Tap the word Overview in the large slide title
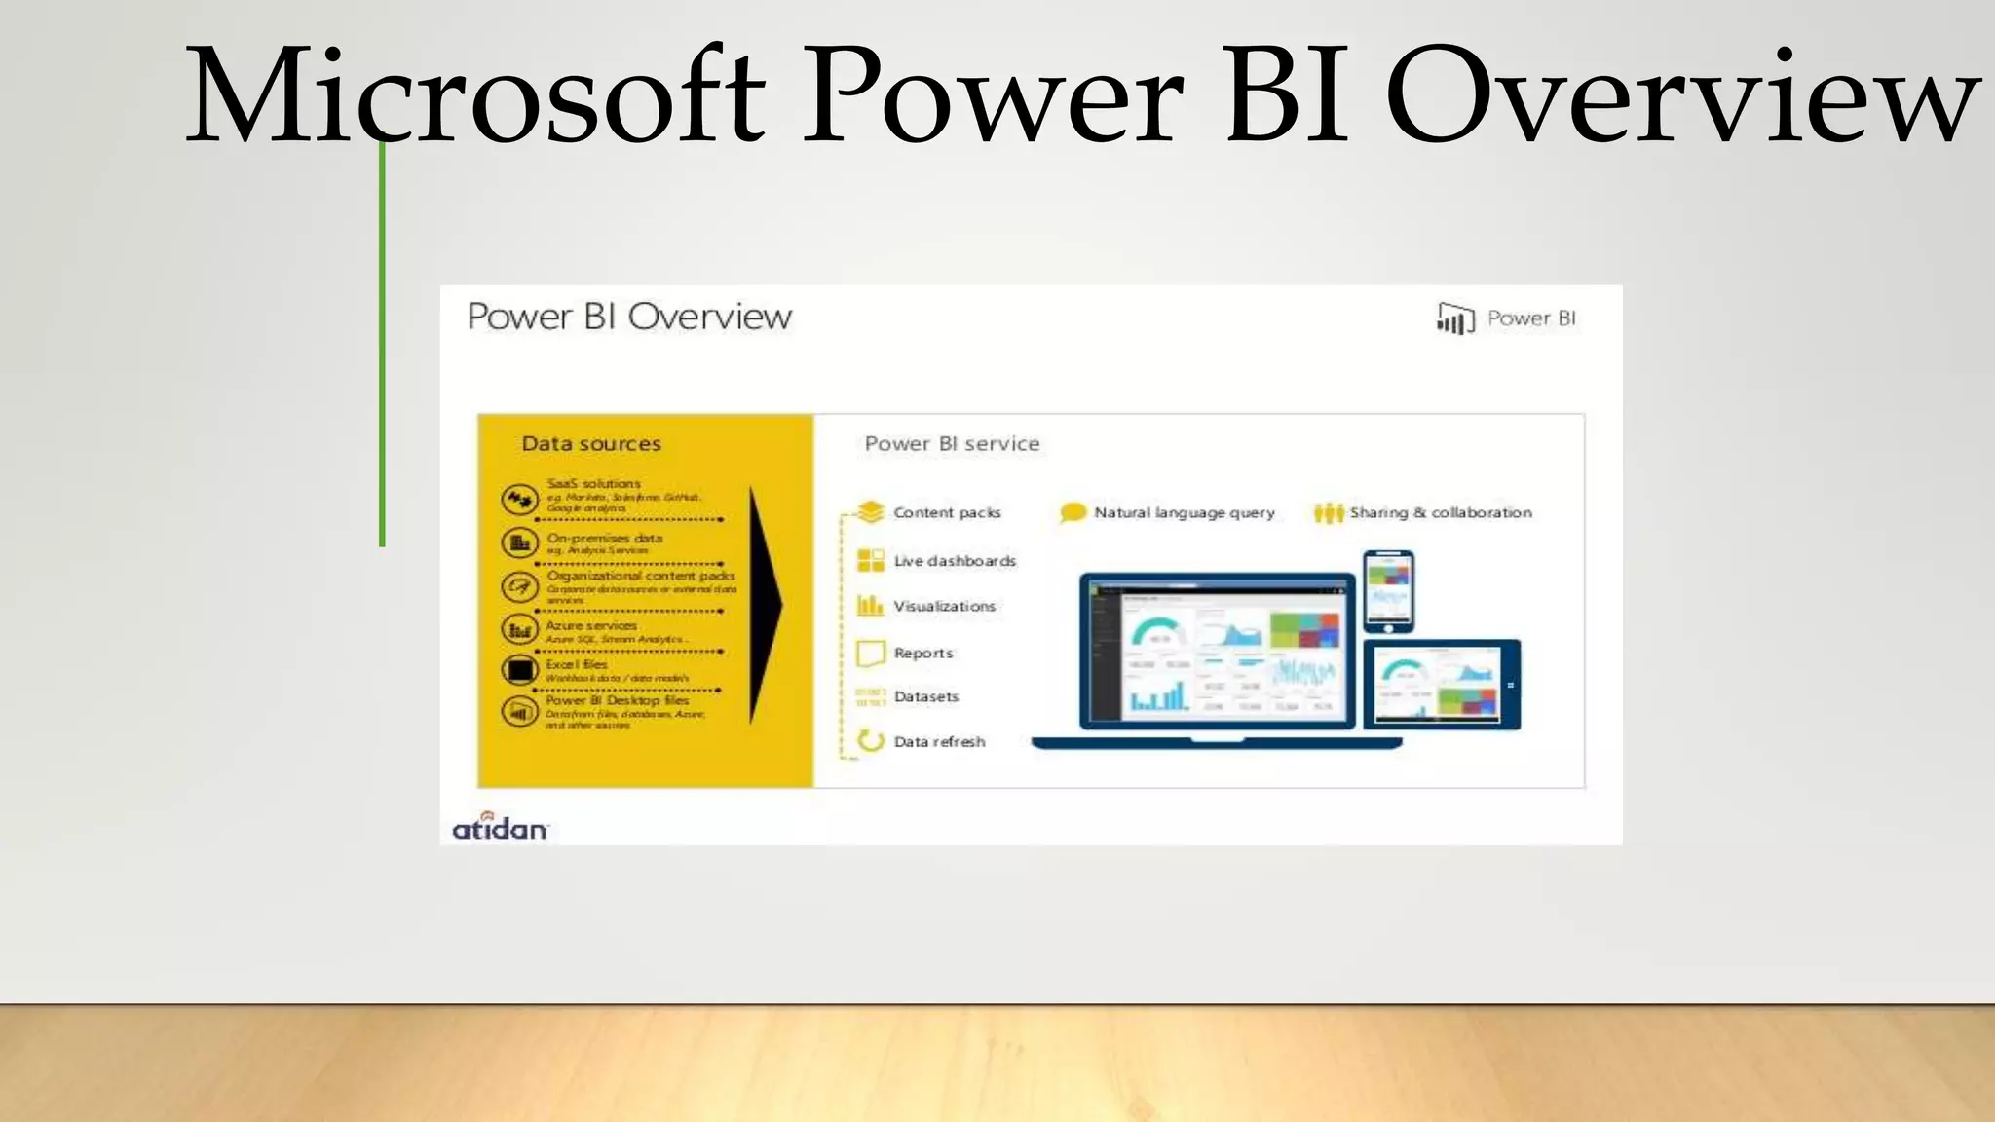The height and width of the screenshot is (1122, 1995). click(1681, 97)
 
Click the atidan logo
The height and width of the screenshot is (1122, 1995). click(500, 827)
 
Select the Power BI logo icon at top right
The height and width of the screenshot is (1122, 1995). click(1454, 318)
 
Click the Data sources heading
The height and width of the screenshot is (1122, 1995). click(591, 444)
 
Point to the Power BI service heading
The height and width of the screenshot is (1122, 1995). click(952, 444)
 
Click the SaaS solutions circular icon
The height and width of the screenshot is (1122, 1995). click(519, 500)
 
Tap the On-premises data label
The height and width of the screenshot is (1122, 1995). click(604, 538)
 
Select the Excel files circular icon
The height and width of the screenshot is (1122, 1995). click(519, 670)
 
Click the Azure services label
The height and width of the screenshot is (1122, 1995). click(590, 626)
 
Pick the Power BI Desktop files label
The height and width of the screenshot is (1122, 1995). click(617, 700)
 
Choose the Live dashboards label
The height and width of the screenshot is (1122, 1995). click(955, 561)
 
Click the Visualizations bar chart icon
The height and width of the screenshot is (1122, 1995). click(870, 606)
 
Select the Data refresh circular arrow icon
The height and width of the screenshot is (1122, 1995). click(870, 741)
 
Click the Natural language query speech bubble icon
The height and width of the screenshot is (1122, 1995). click(1073, 512)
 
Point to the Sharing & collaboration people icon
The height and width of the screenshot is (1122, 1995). click(1328, 512)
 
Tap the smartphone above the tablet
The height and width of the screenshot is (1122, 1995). click(1388, 590)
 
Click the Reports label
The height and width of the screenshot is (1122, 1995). click(923, 653)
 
